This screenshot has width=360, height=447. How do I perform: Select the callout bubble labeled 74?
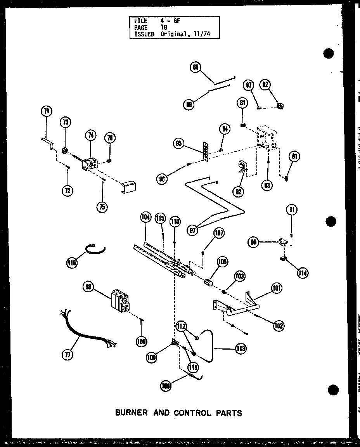91,135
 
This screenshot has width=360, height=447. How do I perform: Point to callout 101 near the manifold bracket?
277,288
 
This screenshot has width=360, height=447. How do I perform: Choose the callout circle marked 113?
241,349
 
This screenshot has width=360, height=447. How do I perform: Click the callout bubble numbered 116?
71,263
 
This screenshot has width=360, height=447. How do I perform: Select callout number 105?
223,262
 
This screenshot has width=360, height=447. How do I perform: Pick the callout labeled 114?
302,273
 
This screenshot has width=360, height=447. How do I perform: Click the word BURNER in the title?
132,412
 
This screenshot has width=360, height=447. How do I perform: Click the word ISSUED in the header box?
144,34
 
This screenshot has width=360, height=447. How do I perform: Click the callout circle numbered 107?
218,234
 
